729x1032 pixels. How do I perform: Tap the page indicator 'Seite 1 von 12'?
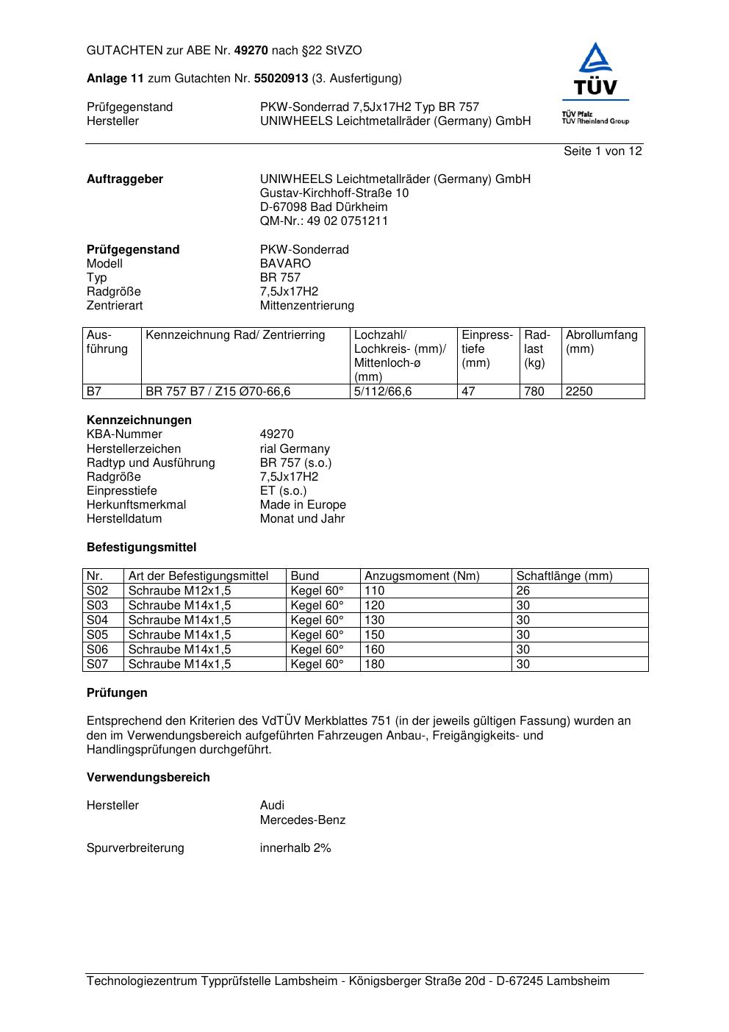603,151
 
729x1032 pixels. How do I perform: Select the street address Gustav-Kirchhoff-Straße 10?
334,193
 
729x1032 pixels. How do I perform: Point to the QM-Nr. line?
324,221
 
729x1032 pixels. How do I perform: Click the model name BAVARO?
285,264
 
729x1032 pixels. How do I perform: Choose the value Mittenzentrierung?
306,306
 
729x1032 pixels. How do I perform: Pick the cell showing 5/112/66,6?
383,392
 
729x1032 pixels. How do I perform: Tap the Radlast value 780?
534,392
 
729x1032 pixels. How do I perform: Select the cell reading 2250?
579,392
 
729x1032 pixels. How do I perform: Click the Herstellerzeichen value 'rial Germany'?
295,449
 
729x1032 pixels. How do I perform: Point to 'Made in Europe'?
303,505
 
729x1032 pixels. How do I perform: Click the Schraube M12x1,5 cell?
179,591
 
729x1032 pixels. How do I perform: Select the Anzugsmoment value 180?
375,664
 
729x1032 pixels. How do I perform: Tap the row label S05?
97,635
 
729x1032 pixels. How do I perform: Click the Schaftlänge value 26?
523,591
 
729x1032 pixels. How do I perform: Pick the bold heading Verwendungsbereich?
148,778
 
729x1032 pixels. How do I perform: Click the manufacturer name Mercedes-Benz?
302,820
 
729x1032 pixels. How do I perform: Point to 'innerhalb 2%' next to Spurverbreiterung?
295,848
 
